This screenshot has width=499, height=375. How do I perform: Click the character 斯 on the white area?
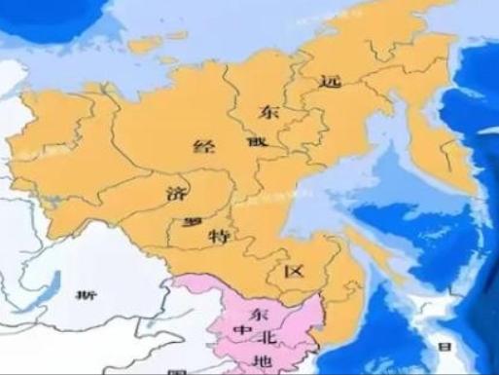88,296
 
